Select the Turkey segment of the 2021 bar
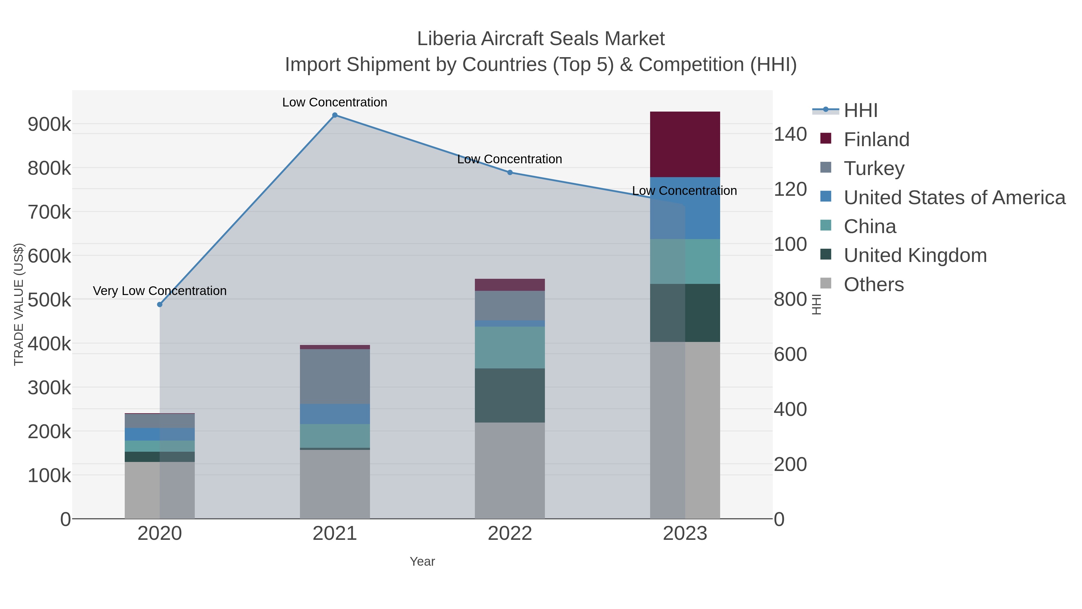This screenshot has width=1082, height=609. [335, 376]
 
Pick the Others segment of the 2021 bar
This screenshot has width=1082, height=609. [335, 484]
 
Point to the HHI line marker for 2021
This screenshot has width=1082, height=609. [335, 115]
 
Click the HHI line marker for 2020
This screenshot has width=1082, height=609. [160, 304]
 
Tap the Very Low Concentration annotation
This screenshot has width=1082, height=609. [160, 291]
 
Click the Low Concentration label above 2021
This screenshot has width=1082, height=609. [335, 102]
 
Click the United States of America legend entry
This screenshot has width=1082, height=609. [954, 198]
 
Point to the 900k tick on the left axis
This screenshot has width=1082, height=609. [49, 125]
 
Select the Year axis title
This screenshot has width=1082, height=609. [422, 561]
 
